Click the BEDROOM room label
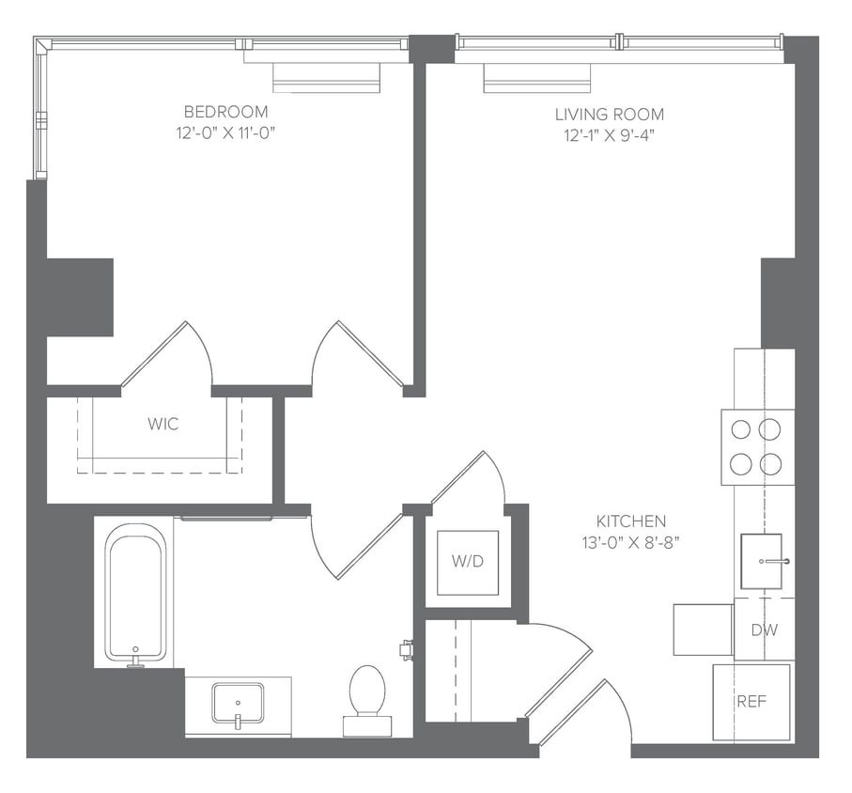click(x=225, y=111)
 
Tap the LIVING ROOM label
click(x=609, y=115)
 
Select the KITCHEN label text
click(x=631, y=521)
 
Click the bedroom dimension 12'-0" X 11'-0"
click(x=225, y=132)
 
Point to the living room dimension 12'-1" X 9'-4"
click(x=609, y=135)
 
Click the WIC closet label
click(x=163, y=424)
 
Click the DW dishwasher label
click(x=764, y=629)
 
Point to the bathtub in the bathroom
click(x=135, y=593)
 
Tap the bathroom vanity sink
click(x=238, y=703)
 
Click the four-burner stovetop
click(x=757, y=446)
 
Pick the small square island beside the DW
click(x=703, y=629)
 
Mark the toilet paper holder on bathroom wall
click(x=407, y=648)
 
